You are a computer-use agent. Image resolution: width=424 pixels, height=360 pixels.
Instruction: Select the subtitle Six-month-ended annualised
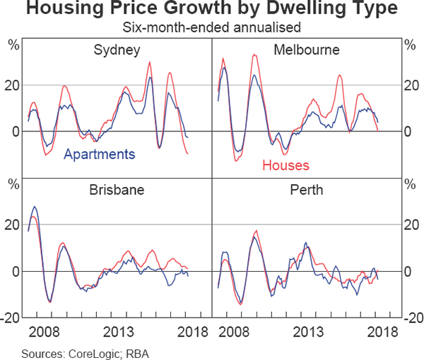coord(212,28)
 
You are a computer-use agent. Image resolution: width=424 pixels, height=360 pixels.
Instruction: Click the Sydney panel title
coord(117,50)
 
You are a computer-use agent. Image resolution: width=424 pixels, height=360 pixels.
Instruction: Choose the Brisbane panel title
coord(117,190)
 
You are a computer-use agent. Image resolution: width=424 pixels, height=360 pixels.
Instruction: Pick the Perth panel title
coord(307,190)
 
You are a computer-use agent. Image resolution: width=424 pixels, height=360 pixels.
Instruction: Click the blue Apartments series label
coord(99,154)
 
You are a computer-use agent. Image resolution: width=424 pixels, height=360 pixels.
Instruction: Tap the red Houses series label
coord(285,166)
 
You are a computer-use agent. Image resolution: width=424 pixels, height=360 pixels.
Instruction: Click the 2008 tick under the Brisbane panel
coord(45,332)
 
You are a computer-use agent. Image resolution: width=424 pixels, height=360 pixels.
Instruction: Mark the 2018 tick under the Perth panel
coord(381,332)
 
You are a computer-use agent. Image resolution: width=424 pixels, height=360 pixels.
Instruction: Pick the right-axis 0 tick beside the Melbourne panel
coord(408,131)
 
